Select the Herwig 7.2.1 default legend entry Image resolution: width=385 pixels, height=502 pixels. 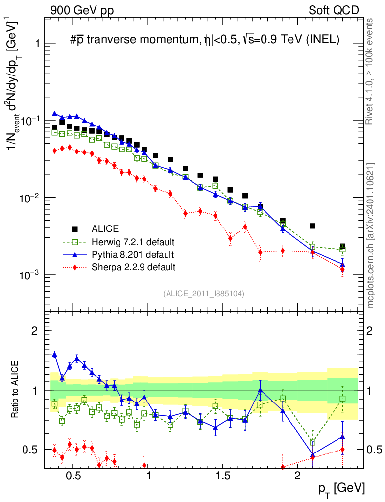pos(133,242)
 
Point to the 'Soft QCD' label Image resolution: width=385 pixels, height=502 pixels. pos(334,10)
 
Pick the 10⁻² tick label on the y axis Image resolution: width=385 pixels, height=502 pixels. pos(29,198)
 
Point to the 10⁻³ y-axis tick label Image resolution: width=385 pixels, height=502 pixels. pos(29,275)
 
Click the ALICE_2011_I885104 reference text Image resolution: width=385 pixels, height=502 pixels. pos(204,293)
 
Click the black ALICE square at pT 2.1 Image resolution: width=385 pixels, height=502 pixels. pos(313,226)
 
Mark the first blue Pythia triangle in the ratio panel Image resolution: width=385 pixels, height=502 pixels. pos(55,353)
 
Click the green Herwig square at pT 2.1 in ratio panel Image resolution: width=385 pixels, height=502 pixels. pos(313,442)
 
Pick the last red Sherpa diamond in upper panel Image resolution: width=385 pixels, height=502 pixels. pos(342,269)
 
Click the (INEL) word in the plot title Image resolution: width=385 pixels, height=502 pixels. pos(322,41)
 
